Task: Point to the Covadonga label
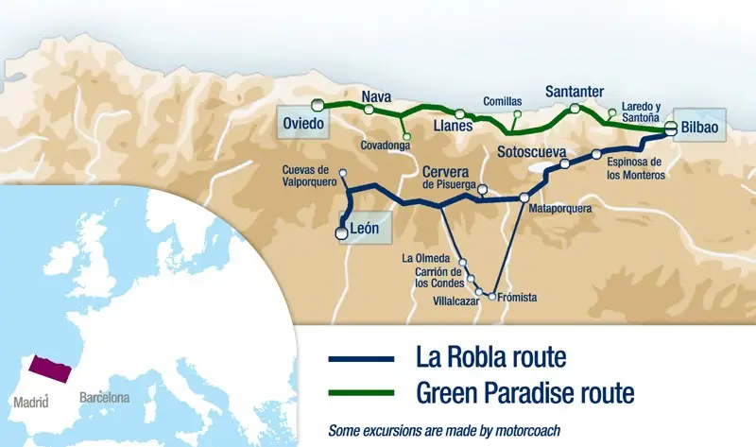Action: (x=388, y=146)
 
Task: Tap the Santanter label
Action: (x=575, y=92)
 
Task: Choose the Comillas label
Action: (x=502, y=102)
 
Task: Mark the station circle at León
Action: (x=343, y=229)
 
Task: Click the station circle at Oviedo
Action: (x=319, y=104)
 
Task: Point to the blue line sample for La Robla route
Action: (x=361, y=359)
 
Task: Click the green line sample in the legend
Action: (x=361, y=391)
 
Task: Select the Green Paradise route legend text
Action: (x=524, y=390)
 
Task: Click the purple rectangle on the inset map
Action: (x=47, y=369)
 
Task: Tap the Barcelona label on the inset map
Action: (x=105, y=398)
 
